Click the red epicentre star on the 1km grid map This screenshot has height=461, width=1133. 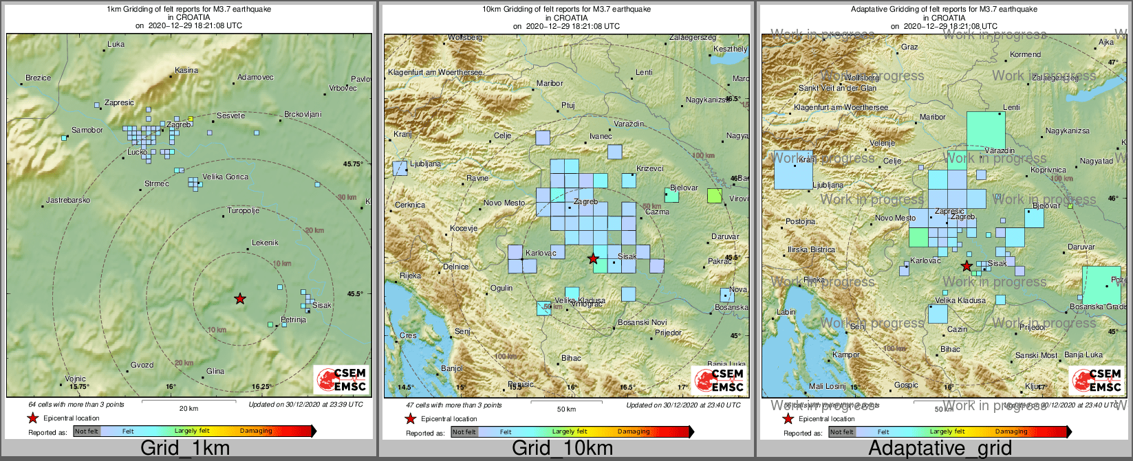(x=239, y=298)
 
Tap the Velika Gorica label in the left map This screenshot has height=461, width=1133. (x=225, y=177)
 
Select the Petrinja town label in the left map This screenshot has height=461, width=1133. (x=293, y=320)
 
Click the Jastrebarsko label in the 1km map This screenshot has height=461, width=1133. (x=68, y=201)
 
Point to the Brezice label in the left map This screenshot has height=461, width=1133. (x=39, y=78)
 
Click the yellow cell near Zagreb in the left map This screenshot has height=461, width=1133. (x=191, y=119)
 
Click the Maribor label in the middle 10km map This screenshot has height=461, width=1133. (x=550, y=84)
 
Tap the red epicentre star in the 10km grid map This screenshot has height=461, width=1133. (x=593, y=258)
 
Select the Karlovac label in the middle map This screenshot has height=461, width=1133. (x=540, y=254)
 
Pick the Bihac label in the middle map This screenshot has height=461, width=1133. (x=571, y=358)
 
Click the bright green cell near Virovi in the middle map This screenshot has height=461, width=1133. (x=715, y=196)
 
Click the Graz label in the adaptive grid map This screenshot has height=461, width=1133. (x=909, y=47)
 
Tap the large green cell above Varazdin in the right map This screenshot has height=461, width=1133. (x=985, y=130)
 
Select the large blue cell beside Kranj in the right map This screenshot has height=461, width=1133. (x=792, y=170)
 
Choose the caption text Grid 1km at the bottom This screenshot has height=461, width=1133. (x=185, y=449)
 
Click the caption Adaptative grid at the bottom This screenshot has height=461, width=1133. (x=940, y=449)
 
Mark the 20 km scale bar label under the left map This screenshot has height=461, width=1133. (x=188, y=409)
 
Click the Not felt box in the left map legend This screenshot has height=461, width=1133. (x=87, y=431)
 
